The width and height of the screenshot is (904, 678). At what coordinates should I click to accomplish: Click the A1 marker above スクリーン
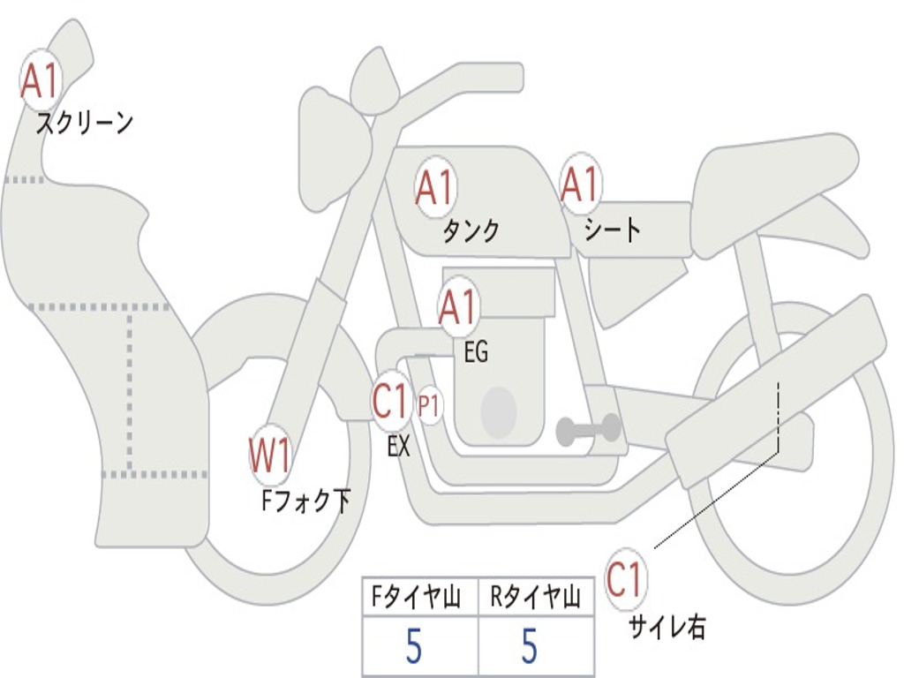tap(39, 81)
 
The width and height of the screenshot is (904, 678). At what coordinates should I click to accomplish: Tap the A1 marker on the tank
tap(434, 187)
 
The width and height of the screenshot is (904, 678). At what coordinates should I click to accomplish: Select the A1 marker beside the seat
tap(580, 185)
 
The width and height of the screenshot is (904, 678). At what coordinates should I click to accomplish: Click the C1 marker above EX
tap(392, 402)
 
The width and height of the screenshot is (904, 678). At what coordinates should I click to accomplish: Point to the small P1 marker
tap(429, 407)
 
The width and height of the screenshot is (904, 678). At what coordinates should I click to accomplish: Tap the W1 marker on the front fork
tap(269, 457)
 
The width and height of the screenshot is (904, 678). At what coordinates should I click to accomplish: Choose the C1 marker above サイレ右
tap(626, 580)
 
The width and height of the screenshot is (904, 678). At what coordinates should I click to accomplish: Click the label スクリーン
tap(84, 123)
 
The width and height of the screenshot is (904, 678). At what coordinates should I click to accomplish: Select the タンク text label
tap(471, 231)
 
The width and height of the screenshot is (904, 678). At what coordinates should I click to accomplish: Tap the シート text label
tap(612, 231)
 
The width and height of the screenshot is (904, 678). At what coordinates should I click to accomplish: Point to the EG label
tap(476, 353)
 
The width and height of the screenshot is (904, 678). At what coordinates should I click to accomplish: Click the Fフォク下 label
tap(305, 501)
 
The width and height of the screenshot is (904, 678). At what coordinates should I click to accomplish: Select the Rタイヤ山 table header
tap(535, 599)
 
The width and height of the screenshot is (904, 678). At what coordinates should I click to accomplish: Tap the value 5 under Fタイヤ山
tap(414, 647)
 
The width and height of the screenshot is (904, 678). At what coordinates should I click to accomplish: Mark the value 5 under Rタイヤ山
tap(529, 647)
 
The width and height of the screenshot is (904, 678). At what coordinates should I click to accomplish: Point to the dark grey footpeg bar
tap(589, 430)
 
